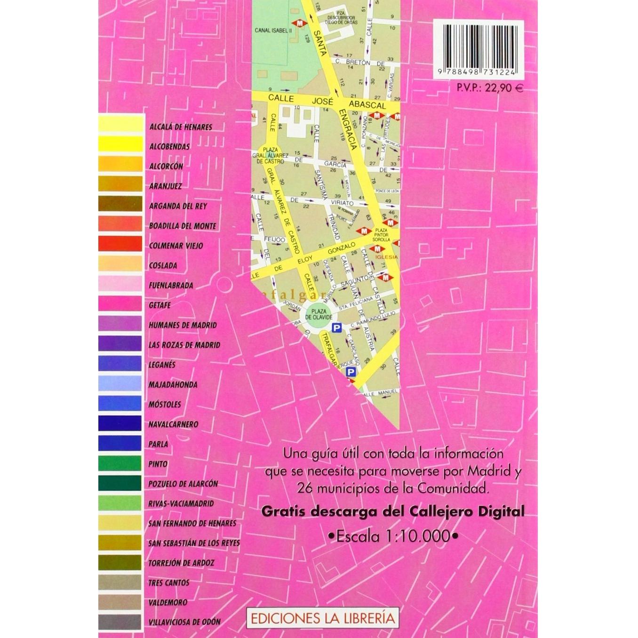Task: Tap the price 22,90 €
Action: coord(489,88)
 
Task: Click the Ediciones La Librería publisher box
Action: coord(323,618)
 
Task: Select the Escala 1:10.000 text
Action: coord(393,536)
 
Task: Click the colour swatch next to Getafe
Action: coord(120,304)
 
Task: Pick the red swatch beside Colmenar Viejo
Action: coord(120,244)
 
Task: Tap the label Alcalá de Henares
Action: coord(181,127)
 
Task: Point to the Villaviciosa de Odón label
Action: coord(184,622)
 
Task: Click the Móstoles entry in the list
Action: coord(165,404)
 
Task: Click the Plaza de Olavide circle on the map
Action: coord(319,314)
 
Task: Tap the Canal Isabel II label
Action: coord(273,30)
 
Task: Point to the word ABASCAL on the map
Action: coord(367,105)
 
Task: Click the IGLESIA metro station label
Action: coord(386,257)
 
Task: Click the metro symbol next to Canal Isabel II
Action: coord(297,24)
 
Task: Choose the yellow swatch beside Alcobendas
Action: coord(120,145)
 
